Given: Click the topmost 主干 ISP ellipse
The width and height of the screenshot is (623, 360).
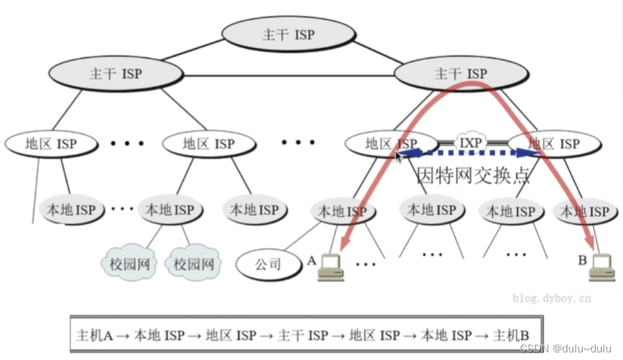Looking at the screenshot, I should [x=288, y=35].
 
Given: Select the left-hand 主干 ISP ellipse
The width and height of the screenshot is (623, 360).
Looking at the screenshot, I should [x=116, y=74].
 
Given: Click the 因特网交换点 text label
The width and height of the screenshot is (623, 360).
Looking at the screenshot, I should [x=474, y=175].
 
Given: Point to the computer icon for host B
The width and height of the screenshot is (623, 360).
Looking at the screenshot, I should [x=602, y=264].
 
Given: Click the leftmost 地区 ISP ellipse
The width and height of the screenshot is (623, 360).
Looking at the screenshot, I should [x=51, y=143].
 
